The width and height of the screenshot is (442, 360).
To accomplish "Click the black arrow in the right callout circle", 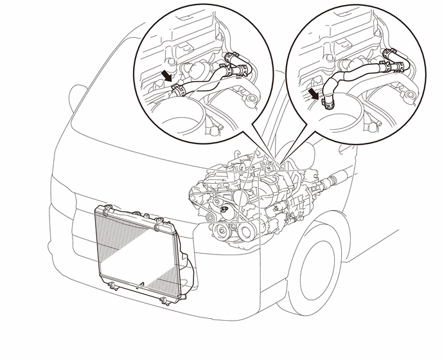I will coord(314,94).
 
